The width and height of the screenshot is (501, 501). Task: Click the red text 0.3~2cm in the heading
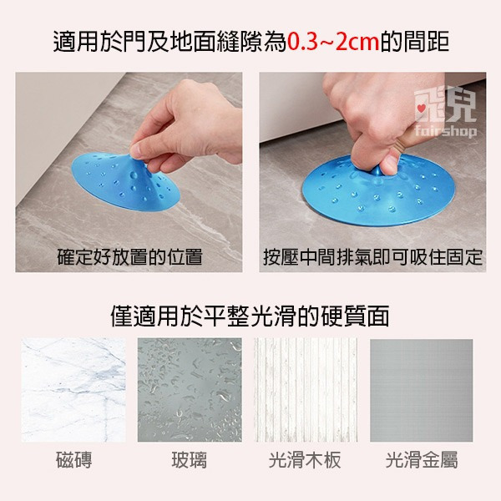(333, 41)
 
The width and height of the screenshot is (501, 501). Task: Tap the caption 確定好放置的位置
(129, 256)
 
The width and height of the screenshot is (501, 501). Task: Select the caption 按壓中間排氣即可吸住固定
(372, 256)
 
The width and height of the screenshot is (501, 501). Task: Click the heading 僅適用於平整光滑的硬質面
(250, 316)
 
